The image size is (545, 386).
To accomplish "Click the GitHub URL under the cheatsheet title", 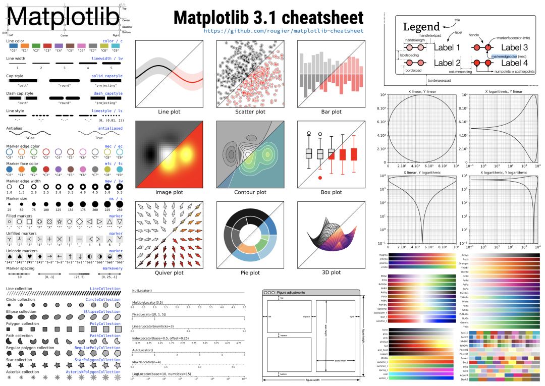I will [x=283, y=31].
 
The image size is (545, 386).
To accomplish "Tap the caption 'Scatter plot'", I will [x=250, y=112].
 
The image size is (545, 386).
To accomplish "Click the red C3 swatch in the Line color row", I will [x=47, y=46].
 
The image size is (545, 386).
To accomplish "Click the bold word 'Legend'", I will [x=422, y=27].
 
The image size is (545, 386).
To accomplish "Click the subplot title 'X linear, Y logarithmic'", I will [x=421, y=173].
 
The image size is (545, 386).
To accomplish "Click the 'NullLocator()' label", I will [x=142, y=291].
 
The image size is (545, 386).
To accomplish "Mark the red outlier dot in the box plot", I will [x=320, y=178].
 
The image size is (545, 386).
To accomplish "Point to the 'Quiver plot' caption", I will [x=169, y=272].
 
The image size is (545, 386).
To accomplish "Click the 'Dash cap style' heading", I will [x=20, y=93].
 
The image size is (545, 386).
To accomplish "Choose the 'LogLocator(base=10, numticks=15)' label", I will [x=162, y=373].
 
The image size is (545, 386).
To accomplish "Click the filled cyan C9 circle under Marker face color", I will [x=120, y=170].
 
